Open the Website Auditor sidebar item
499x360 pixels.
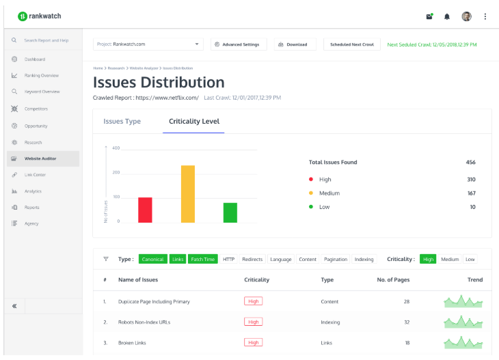pos(40,158)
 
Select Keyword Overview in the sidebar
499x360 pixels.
pos(42,92)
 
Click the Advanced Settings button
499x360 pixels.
pos(237,44)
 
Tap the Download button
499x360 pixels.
pos(293,44)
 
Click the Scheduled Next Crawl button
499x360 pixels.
pos(351,44)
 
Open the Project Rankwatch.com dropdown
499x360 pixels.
pos(148,44)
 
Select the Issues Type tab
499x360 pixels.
pos(122,122)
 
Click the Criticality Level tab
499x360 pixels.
pos(194,122)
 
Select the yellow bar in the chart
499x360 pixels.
pos(188,194)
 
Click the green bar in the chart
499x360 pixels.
pos(230,212)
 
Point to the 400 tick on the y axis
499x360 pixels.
pos(116,148)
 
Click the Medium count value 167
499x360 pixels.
pos(471,193)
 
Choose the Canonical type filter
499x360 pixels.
pos(153,260)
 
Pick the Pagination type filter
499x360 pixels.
pos(335,260)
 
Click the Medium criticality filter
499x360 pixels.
pos(450,260)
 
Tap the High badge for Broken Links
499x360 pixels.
pos(253,343)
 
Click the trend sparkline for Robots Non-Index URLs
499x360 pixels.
pos(463,321)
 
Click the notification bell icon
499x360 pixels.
pos(447,16)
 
